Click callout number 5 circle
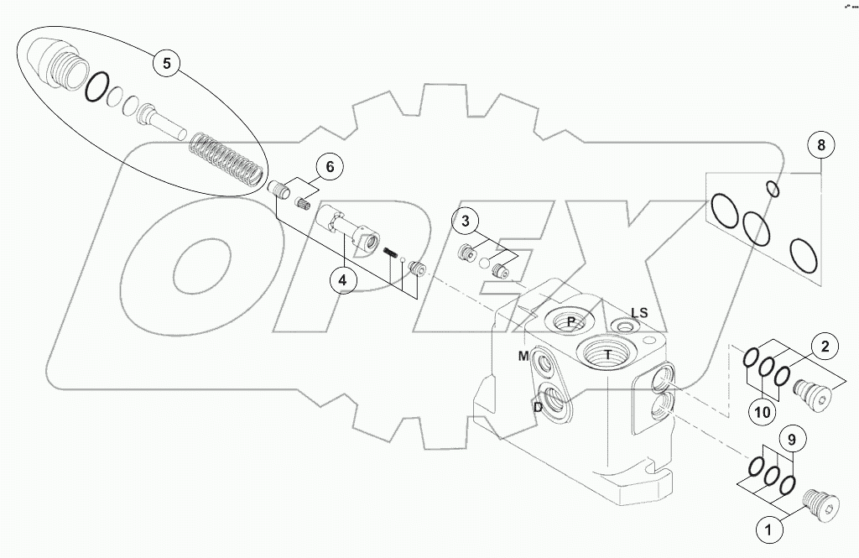166,64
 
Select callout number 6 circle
330,167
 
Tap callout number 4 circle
342,279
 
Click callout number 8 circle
821,145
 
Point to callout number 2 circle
825,345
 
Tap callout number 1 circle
764,529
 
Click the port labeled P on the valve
570,321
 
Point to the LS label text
639,312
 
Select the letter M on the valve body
523,357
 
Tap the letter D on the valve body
538,407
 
